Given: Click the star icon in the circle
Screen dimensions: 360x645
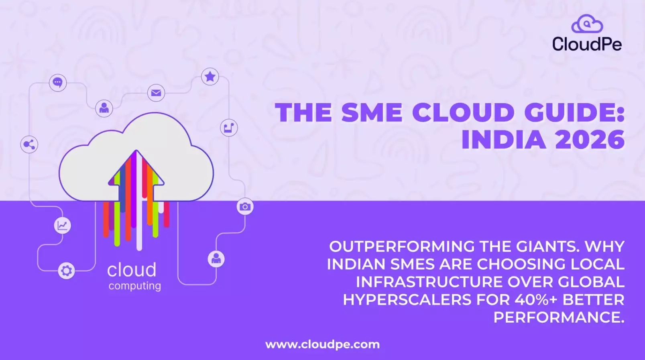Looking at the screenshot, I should (210, 77).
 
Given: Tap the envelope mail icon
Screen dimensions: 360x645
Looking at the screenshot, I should (156, 93).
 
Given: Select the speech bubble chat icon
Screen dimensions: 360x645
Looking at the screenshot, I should (58, 83).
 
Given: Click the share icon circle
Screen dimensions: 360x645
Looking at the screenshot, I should (29, 144).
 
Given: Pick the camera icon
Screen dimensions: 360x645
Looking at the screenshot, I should (245, 207).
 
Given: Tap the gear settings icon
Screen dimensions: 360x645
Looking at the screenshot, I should (66, 271).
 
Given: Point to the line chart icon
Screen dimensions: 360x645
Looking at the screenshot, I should (62, 225).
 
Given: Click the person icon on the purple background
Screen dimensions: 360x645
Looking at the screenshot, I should (216, 259).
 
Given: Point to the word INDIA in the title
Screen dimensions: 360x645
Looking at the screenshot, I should (503, 140).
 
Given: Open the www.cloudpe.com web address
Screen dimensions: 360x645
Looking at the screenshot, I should (322, 344).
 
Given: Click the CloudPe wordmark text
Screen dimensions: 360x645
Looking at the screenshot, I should (587, 44).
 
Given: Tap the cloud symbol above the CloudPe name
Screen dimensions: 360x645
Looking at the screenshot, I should (587, 24).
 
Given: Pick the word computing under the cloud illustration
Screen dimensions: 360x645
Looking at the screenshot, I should (134, 286).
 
